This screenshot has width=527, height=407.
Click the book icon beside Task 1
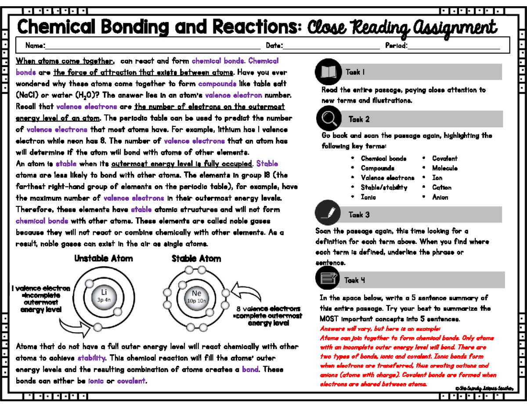click(x=328, y=72)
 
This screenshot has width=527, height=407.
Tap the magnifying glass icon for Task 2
click(x=328, y=119)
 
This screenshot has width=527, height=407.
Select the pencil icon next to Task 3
click(x=328, y=214)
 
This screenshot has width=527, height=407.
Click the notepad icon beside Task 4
click(x=328, y=279)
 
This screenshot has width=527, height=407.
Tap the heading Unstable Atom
click(x=104, y=258)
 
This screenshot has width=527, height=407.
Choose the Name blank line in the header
click(x=152, y=45)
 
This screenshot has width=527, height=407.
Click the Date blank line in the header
click(x=331, y=45)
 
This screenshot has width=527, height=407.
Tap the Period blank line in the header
click(x=454, y=45)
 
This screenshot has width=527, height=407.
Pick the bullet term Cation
click(x=441, y=187)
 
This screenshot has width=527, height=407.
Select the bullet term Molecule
click(x=444, y=168)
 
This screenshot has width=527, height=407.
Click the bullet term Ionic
click(x=368, y=197)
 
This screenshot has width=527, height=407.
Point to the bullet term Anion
click(x=440, y=197)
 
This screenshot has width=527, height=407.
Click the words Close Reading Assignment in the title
click(x=402, y=28)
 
